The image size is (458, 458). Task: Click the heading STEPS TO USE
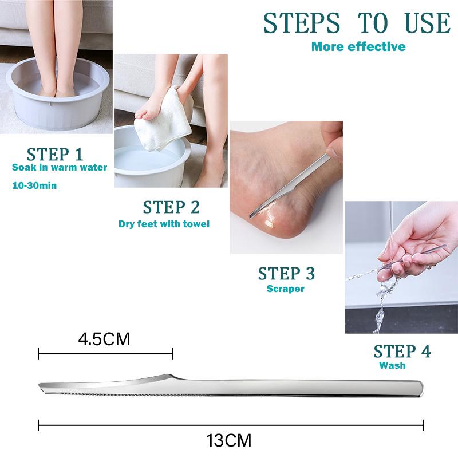click(357, 23)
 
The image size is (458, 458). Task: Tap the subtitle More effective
click(358, 47)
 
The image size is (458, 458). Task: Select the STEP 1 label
click(55, 154)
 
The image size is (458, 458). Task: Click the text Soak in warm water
click(60, 167)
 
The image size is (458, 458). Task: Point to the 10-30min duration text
click(34, 185)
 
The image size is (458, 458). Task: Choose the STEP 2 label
click(171, 207)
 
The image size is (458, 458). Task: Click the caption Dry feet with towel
click(164, 224)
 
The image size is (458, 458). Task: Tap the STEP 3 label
click(286, 274)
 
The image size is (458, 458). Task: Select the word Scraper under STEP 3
click(286, 289)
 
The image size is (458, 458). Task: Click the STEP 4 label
click(402, 351)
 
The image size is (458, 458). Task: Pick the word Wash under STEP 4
click(392, 365)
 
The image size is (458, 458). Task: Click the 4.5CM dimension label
click(104, 339)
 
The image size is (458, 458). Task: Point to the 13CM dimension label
click(229, 440)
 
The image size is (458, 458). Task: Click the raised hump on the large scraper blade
click(167, 376)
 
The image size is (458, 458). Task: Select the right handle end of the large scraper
click(421, 389)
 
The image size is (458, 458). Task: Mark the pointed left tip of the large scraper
click(39, 385)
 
